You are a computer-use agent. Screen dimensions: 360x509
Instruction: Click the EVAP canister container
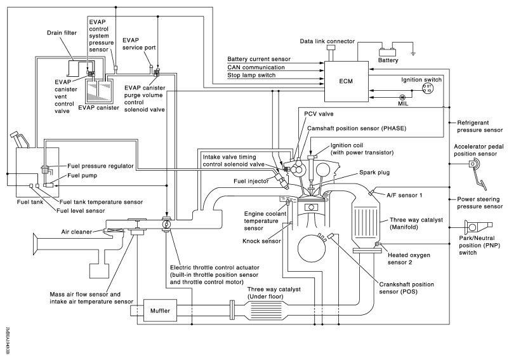pyautogui.click(x=98, y=91)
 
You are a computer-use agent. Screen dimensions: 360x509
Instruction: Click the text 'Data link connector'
pyautogui.click(x=329, y=41)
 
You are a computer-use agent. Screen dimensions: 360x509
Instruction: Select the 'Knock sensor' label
pyautogui.click(x=261, y=241)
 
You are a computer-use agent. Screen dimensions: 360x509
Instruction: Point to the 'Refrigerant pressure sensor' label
pyautogui.click(x=475, y=126)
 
